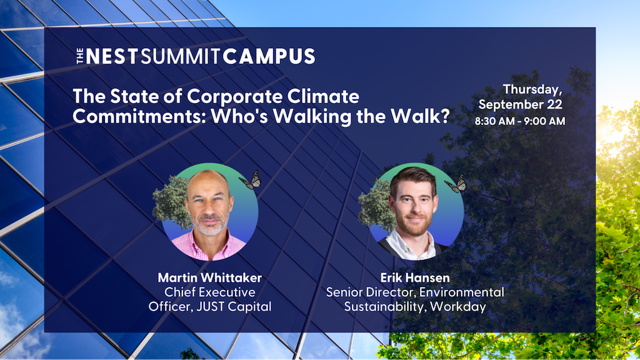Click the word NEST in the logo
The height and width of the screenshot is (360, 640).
[111, 56]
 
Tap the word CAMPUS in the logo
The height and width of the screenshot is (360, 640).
[269, 56]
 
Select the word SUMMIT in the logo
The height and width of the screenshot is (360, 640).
[181, 56]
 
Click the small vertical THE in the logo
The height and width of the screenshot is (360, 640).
[80, 56]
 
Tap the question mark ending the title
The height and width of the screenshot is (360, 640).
[444, 116]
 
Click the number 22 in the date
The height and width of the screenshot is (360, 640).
[554, 104]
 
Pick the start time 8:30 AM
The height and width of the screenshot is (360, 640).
[495, 121]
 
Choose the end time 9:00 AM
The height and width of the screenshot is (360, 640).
[545, 121]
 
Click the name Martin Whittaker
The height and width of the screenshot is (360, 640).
[210, 277]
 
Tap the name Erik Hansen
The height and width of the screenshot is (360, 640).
[415, 277]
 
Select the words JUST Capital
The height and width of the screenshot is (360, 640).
[234, 306]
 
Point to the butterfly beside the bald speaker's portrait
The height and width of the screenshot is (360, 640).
[251, 180]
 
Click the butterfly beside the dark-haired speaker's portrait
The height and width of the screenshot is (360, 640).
[456, 184]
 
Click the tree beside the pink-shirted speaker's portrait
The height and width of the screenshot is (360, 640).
[171, 202]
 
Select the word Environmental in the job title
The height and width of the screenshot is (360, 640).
[462, 292]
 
